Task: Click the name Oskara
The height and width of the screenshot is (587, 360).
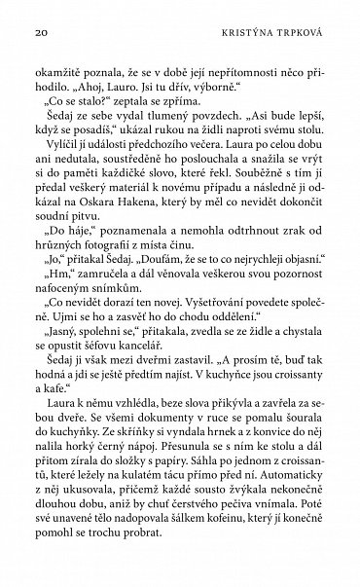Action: [100, 222]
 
